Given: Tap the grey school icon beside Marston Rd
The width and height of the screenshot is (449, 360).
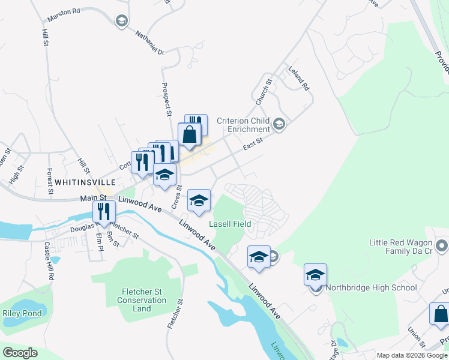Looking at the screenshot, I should [122, 21].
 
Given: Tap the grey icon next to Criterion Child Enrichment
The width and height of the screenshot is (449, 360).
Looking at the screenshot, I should [278, 124].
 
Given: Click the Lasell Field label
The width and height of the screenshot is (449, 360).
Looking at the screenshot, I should [229, 224].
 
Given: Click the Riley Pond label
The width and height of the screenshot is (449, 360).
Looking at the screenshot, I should [22, 313].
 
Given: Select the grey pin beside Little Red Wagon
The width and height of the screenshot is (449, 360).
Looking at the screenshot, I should [442, 246].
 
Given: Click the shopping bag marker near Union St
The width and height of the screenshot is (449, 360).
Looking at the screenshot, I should [439, 314].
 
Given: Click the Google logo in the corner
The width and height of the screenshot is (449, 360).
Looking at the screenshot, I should [20, 352].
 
